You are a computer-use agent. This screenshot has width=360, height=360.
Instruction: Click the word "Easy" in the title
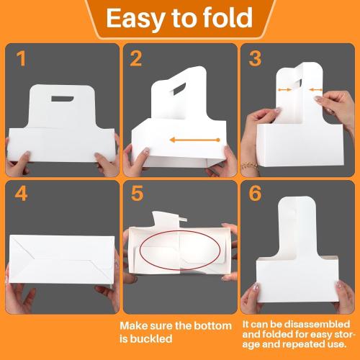pyautogui.click(x=138, y=19)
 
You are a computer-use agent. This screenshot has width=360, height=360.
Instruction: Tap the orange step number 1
pyautogui.click(x=21, y=59)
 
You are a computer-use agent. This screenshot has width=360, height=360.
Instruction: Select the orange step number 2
pyautogui.click(x=135, y=59)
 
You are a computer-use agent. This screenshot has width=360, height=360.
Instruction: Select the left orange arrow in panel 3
pyautogui.click(x=286, y=90)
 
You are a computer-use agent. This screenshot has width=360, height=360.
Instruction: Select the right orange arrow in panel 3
pyautogui.click(x=315, y=90)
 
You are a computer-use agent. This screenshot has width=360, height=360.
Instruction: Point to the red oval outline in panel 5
pyautogui.click(x=174, y=253)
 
